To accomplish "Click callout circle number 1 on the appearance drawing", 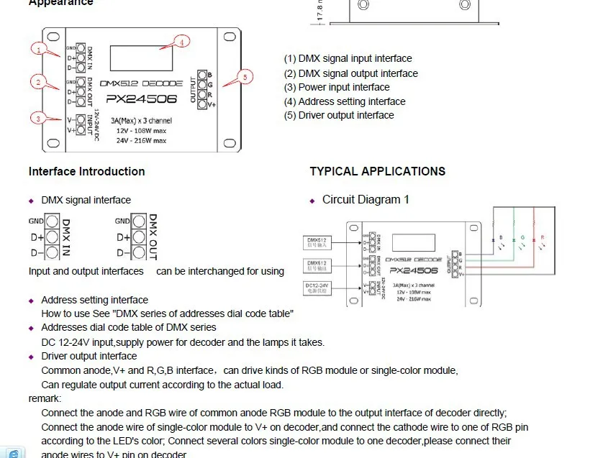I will coord(39,50).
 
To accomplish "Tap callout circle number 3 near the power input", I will coord(39,118).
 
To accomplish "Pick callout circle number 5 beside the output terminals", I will coord(245,76).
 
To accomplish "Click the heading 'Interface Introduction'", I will coord(86,171).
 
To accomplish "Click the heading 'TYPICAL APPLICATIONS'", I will coord(377,171).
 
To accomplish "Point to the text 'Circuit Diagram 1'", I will coord(366,199).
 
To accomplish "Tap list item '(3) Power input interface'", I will coord(337,87).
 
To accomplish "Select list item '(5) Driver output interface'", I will coord(339,115).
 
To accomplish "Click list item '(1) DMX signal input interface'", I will coord(348,58).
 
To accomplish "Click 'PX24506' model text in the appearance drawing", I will coord(140,100).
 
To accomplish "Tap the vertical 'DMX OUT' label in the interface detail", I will coord(153,237).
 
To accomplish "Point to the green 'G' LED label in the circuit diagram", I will coord(521,237).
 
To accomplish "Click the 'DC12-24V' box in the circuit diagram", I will coord(317,288).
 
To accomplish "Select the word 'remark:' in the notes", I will coord(45,398).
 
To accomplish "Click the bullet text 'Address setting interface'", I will coord(94,300).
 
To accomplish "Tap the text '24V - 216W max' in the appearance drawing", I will coord(141,140).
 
